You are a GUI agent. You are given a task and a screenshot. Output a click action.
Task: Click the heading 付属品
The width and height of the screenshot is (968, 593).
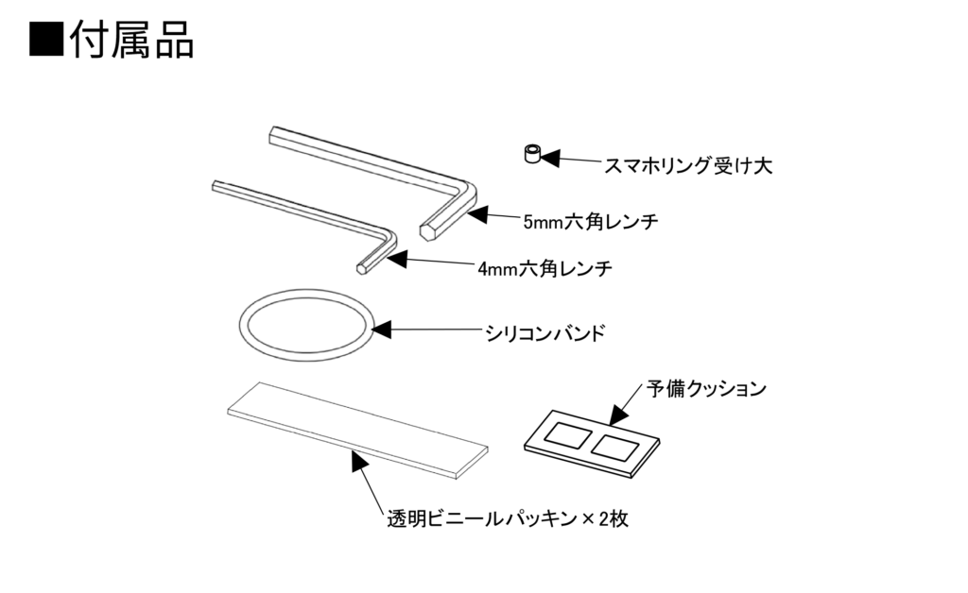point(132,40)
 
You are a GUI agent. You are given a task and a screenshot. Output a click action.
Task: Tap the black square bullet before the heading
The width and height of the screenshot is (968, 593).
point(46,40)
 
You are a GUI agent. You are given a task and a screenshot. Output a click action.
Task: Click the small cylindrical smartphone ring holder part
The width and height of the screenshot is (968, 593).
point(531,154)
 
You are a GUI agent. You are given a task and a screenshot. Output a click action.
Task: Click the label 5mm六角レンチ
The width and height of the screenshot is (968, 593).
point(590,222)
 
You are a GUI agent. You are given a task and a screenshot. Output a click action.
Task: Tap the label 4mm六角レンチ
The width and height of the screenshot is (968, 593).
point(544,268)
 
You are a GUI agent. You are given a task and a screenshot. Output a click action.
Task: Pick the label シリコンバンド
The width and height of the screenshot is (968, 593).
point(544,333)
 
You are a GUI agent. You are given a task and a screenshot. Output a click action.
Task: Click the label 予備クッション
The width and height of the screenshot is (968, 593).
point(707,388)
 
